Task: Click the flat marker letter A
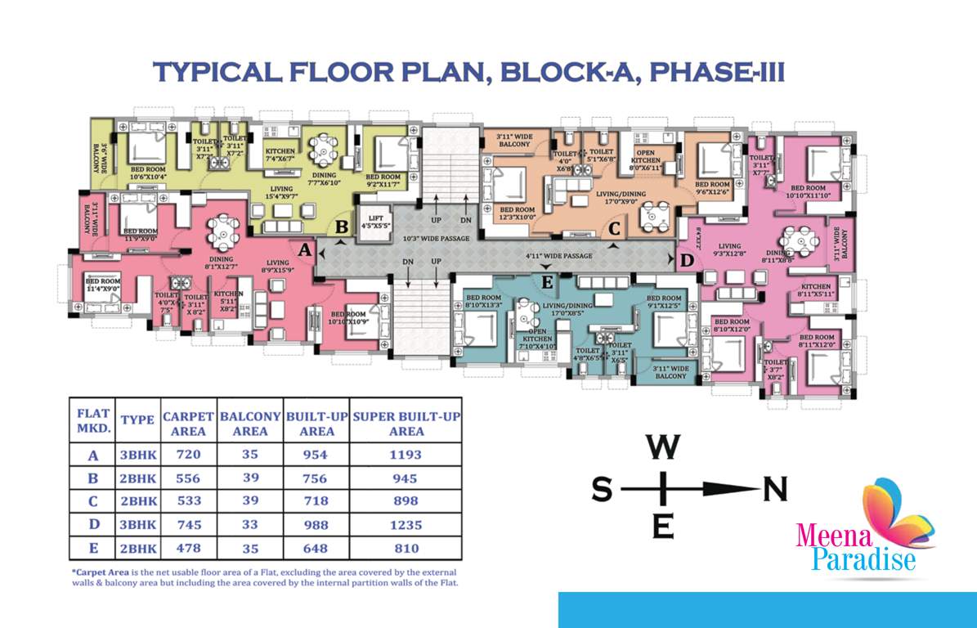tap(304, 251)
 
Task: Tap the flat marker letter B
tap(343, 226)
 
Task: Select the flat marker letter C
tap(613, 228)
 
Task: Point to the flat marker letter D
tap(687, 260)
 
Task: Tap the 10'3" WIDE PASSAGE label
tap(437, 239)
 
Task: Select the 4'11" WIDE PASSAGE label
tap(560, 256)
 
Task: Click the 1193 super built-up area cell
tap(406, 455)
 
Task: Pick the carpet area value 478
tap(189, 548)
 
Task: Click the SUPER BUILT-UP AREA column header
tap(406, 423)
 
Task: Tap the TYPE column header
tap(137, 419)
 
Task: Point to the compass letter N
tap(774, 489)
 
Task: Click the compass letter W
tap(663, 447)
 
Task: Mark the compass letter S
tap(602, 489)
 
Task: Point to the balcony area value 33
tap(250, 524)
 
